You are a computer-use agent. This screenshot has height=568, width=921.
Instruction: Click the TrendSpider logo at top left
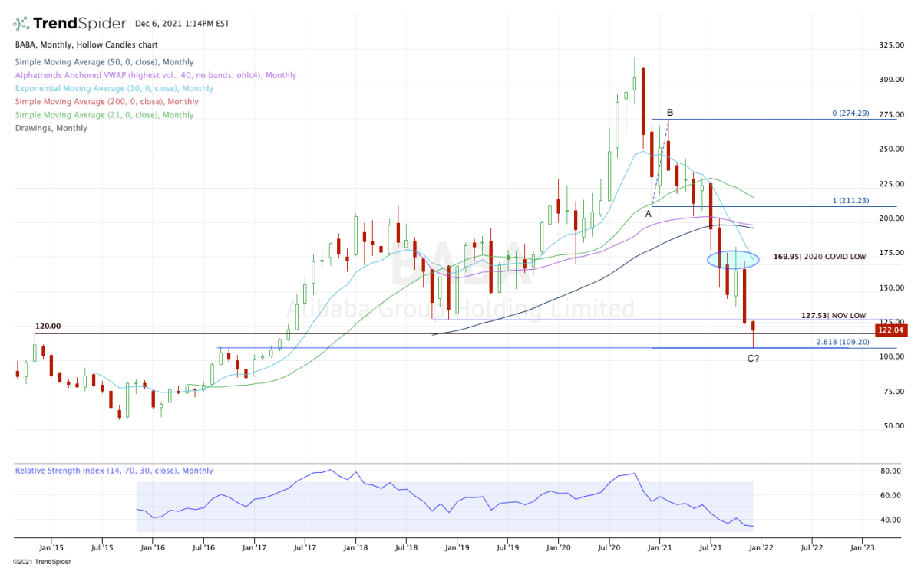(61, 23)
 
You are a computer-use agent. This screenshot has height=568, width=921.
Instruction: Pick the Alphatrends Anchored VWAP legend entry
(156, 75)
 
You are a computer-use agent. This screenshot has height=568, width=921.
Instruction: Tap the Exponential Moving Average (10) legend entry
(114, 88)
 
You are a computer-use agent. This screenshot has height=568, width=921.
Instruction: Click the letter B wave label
(670, 113)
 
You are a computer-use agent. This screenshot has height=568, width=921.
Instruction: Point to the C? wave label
(753, 358)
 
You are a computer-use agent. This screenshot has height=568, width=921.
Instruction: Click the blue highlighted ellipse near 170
(734, 259)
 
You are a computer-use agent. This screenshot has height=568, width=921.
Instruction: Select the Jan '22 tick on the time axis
(760, 548)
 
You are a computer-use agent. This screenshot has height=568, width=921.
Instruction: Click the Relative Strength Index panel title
(114, 471)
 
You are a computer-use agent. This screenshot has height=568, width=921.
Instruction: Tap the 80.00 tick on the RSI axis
(891, 471)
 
